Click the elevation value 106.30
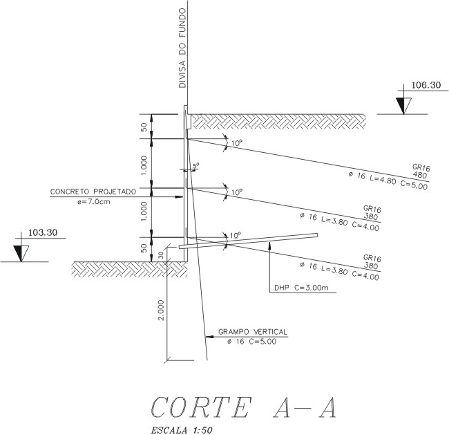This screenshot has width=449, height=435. click(x=426, y=86)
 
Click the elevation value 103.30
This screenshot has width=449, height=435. click(x=44, y=233)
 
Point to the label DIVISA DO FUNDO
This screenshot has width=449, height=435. click(x=183, y=48)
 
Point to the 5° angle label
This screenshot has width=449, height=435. click(x=196, y=166)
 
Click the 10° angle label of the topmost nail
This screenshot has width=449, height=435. click(x=237, y=143)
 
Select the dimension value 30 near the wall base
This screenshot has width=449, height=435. click(x=161, y=254)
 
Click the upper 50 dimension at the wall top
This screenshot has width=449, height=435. click(x=144, y=127)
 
